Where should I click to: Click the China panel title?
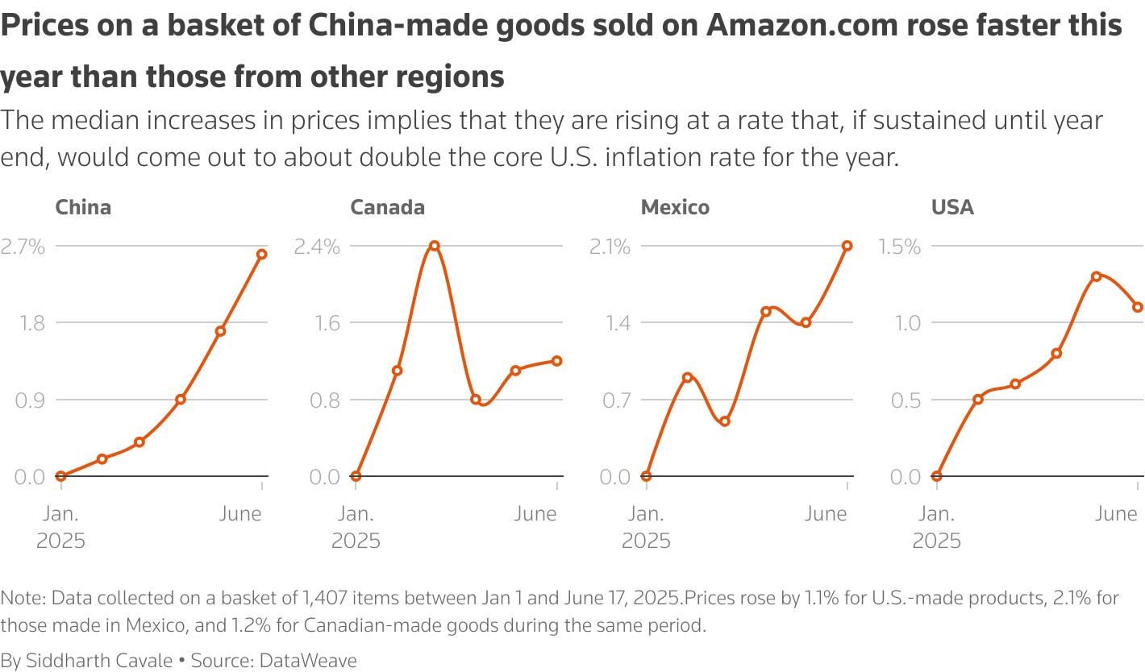click(83, 207)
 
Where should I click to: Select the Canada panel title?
click(387, 207)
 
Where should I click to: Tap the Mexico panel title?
click(675, 207)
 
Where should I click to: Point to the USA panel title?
click(952, 207)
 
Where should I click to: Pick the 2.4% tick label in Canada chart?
click(317, 247)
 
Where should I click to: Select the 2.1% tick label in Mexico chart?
click(610, 247)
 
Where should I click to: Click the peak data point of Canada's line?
click(434, 245)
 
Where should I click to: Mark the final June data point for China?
click(261, 255)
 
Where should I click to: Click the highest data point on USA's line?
click(1096, 276)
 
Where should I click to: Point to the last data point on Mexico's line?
click(847, 246)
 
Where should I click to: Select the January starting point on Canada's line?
click(356, 476)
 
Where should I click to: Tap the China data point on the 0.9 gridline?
click(181, 400)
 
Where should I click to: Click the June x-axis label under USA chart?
click(1116, 514)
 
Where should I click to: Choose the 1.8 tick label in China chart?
click(30, 323)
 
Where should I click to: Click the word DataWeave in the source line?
click(307, 661)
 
